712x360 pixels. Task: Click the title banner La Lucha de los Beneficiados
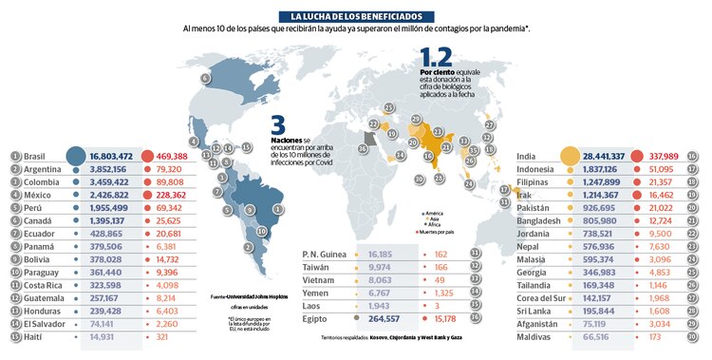point(356,16)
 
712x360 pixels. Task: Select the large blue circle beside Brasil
point(75,156)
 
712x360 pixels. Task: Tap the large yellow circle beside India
point(571,156)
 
